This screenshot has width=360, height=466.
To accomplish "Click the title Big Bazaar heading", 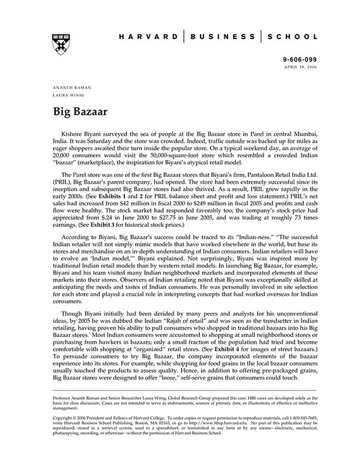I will (79, 111).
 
